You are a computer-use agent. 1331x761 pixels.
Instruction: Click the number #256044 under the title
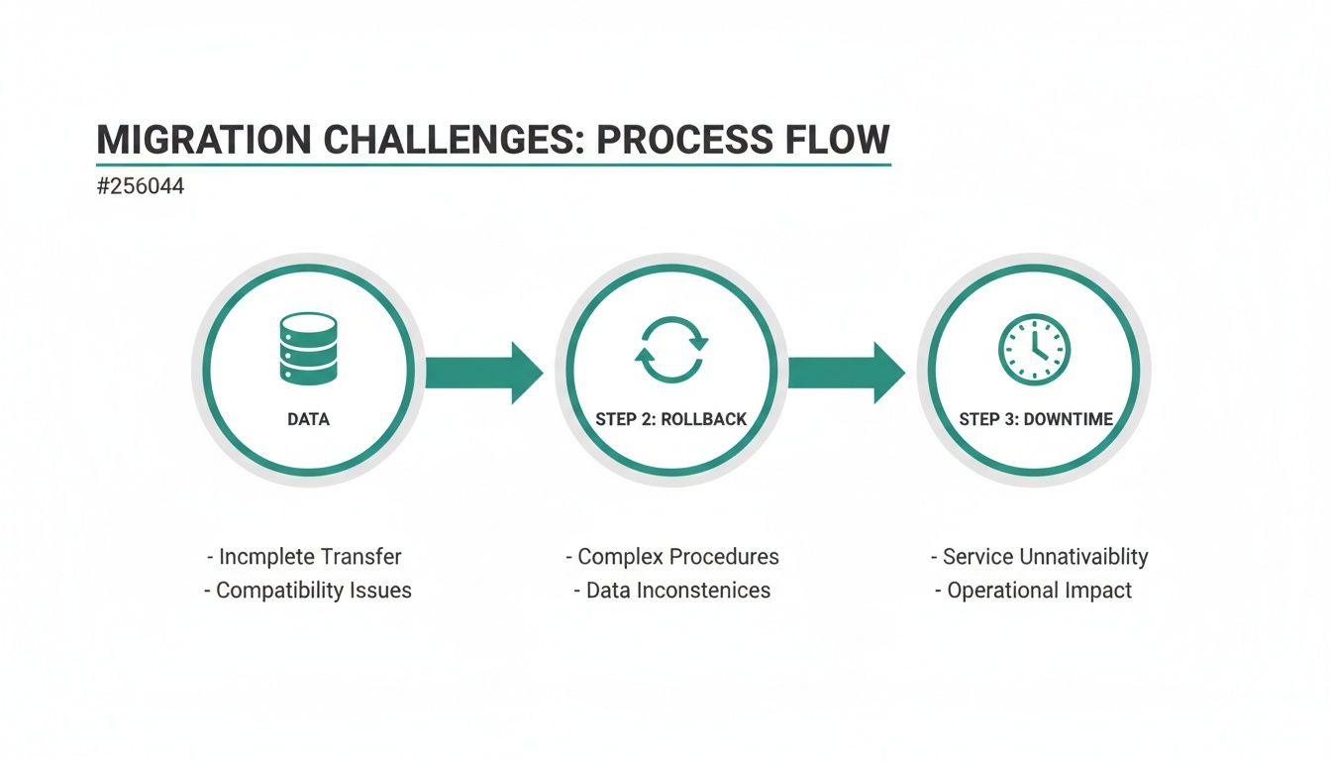click(x=141, y=186)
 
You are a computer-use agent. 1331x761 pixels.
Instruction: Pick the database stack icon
click(x=308, y=349)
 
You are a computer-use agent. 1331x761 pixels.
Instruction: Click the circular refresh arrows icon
click(x=671, y=349)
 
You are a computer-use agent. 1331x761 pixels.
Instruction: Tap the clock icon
click(x=1034, y=350)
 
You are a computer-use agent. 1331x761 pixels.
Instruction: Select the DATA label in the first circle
click(x=308, y=419)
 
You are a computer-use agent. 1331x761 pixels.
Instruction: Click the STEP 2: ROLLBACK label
click(x=671, y=419)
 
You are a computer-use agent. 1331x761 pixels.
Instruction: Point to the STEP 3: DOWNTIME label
click(x=1036, y=419)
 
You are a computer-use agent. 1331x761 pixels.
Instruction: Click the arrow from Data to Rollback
click(x=484, y=373)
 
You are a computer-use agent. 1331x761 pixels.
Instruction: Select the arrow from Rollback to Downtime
click(x=847, y=373)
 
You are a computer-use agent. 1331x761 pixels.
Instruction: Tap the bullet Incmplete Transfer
click(x=305, y=557)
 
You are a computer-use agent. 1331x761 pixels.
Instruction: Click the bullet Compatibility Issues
click(x=308, y=591)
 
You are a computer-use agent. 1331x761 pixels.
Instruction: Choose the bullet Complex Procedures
click(x=672, y=557)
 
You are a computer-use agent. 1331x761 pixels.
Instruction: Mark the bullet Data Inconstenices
click(x=672, y=591)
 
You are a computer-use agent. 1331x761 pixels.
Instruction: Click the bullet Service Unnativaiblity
click(x=1039, y=557)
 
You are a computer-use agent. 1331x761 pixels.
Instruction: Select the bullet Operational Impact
click(x=1034, y=591)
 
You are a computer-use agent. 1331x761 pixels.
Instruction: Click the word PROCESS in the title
click(x=669, y=139)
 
